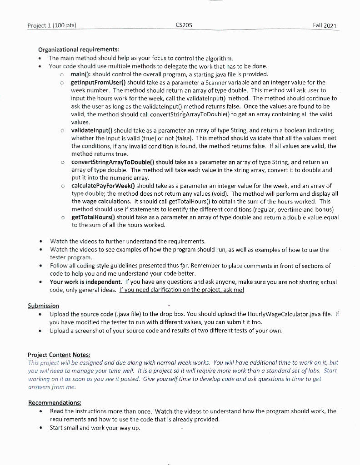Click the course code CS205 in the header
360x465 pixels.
[x=184, y=25]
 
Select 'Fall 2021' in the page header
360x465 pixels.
[x=325, y=25]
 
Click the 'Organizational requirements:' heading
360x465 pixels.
[x=79, y=49]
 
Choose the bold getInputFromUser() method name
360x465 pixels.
[x=99, y=82]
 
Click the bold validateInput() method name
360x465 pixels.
[x=93, y=130]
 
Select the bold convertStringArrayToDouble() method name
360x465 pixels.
[x=113, y=162]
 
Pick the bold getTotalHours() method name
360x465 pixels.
[x=93, y=218]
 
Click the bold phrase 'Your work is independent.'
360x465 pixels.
[x=85, y=282]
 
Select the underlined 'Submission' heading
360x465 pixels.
[x=44, y=306]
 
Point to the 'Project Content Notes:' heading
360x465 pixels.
[x=59, y=355]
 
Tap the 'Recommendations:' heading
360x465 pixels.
[x=55, y=403]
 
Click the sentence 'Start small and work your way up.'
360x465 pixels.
[x=95, y=428]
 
